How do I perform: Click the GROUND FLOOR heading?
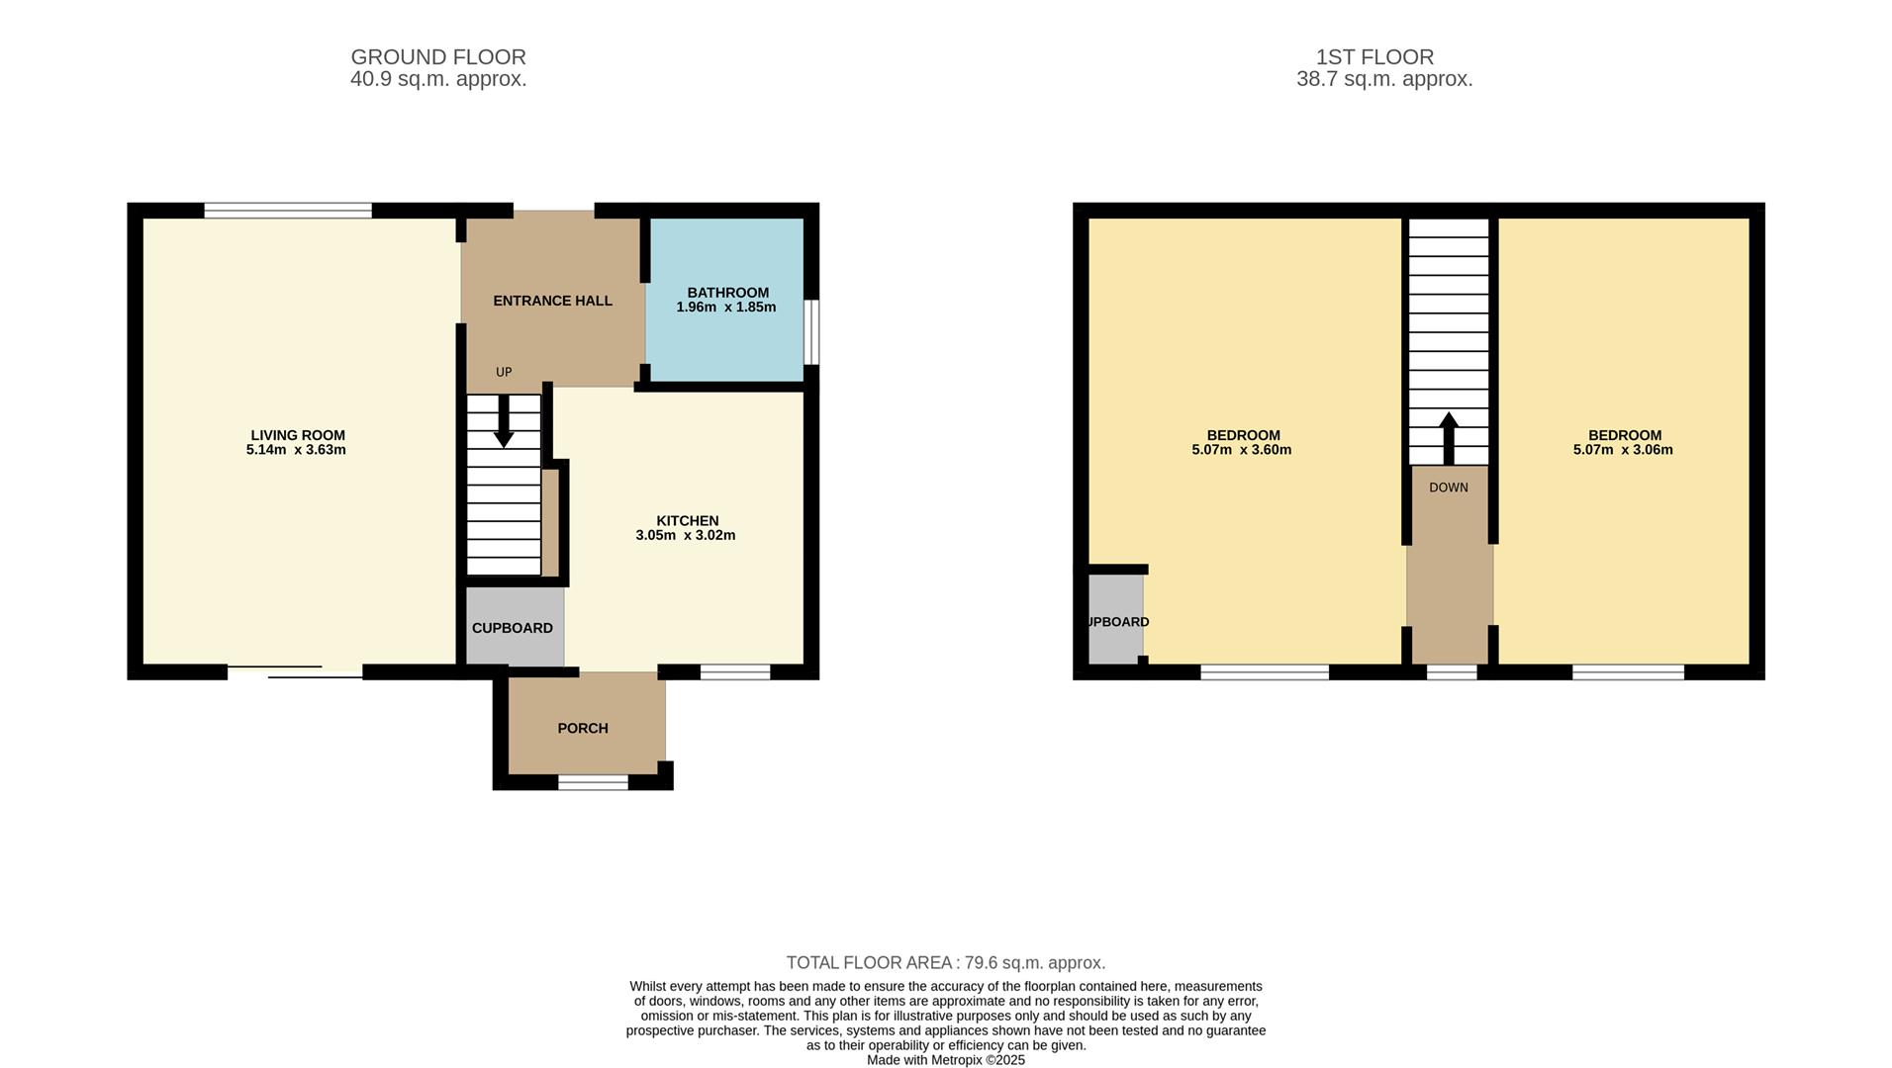point(438,57)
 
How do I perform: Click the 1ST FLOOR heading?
point(1374,57)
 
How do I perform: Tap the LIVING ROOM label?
point(297,435)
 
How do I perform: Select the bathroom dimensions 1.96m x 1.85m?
point(725,308)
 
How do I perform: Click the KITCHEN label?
point(687,521)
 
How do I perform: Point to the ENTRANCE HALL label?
point(552,301)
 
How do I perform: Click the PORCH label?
point(582,728)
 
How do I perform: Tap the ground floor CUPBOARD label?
point(512,628)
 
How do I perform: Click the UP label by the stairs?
point(504,373)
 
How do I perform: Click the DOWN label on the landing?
point(1448,488)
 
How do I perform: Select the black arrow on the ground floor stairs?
point(504,422)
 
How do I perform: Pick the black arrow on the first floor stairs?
point(1449,438)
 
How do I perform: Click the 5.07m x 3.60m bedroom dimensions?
point(1241,450)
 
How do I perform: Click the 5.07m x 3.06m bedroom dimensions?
point(1623,450)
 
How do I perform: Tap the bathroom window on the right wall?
point(810,332)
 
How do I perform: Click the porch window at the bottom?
point(593,782)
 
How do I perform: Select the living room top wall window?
point(288,210)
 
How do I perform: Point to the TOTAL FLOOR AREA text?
point(945,962)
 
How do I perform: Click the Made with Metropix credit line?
point(945,1060)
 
